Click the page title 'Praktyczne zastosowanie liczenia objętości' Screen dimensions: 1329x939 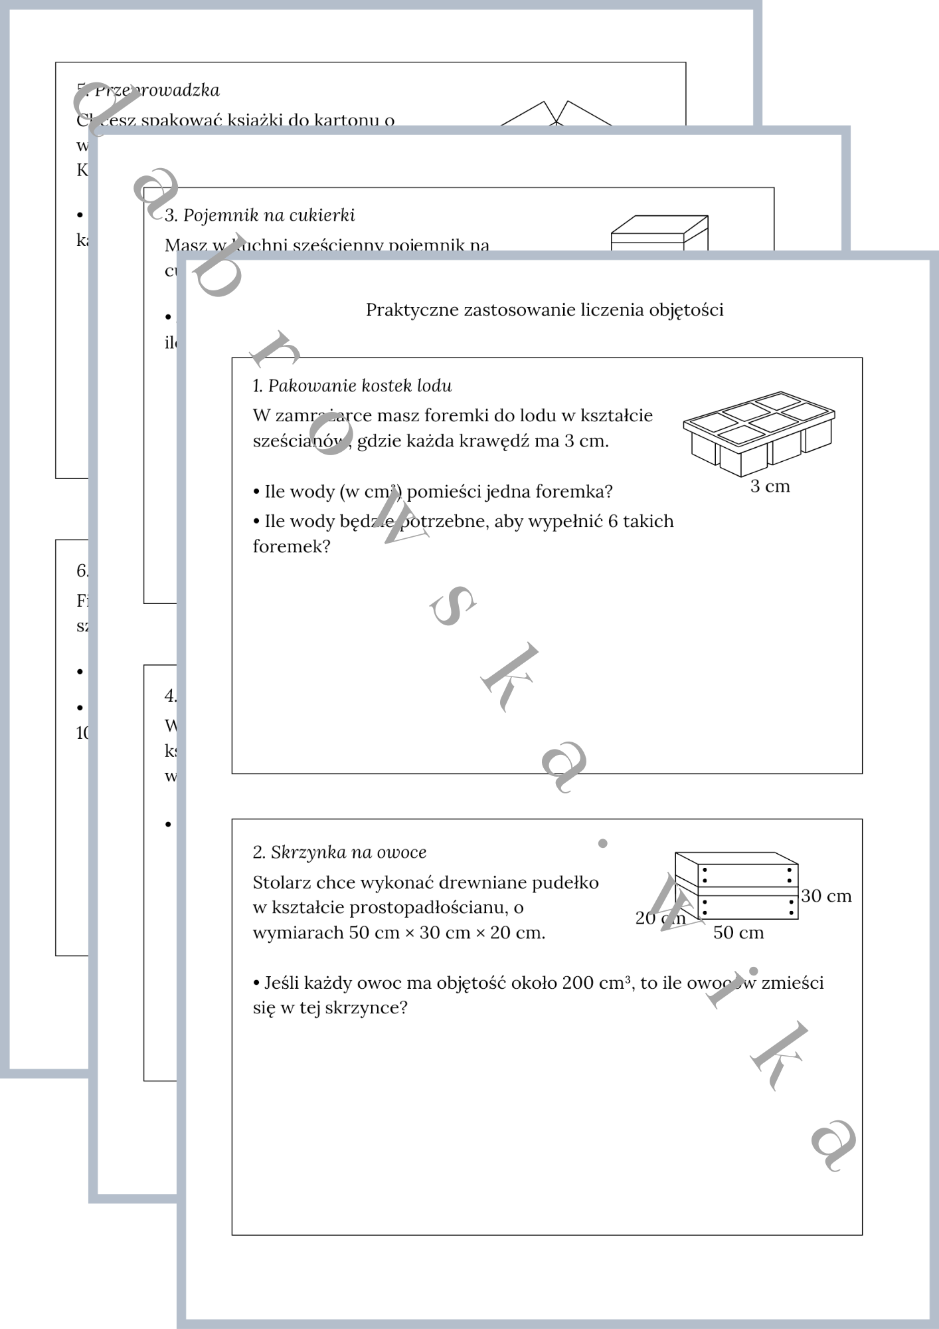(x=545, y=310)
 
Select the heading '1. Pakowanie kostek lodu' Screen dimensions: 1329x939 (x=352, y=386)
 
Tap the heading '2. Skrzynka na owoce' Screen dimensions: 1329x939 (x=339, y=853)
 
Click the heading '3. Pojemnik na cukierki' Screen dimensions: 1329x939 (x=260, y=215)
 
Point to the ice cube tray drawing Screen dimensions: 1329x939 (x=758, y=433)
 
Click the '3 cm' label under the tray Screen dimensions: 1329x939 (x=770, y=486)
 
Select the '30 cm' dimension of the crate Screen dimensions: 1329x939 (x=826, y=896)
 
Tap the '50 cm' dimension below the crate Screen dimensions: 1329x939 (x=738, y=933)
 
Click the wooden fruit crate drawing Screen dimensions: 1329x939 (x=736, y=885)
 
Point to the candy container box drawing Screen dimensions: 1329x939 (x=659, y=233)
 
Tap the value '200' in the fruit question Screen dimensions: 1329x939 (x=578, y=983)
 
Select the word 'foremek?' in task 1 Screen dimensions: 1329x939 (x=291, y=547)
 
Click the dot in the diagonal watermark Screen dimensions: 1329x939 (x=602, y=843)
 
